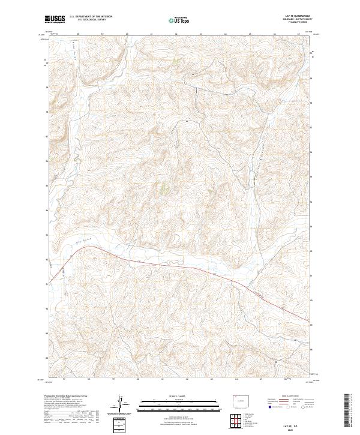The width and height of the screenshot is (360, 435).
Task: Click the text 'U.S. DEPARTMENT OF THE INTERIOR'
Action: (x=91, y=17)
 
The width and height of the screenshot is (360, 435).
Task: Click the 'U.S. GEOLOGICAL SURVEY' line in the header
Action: (x=91, y=20)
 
